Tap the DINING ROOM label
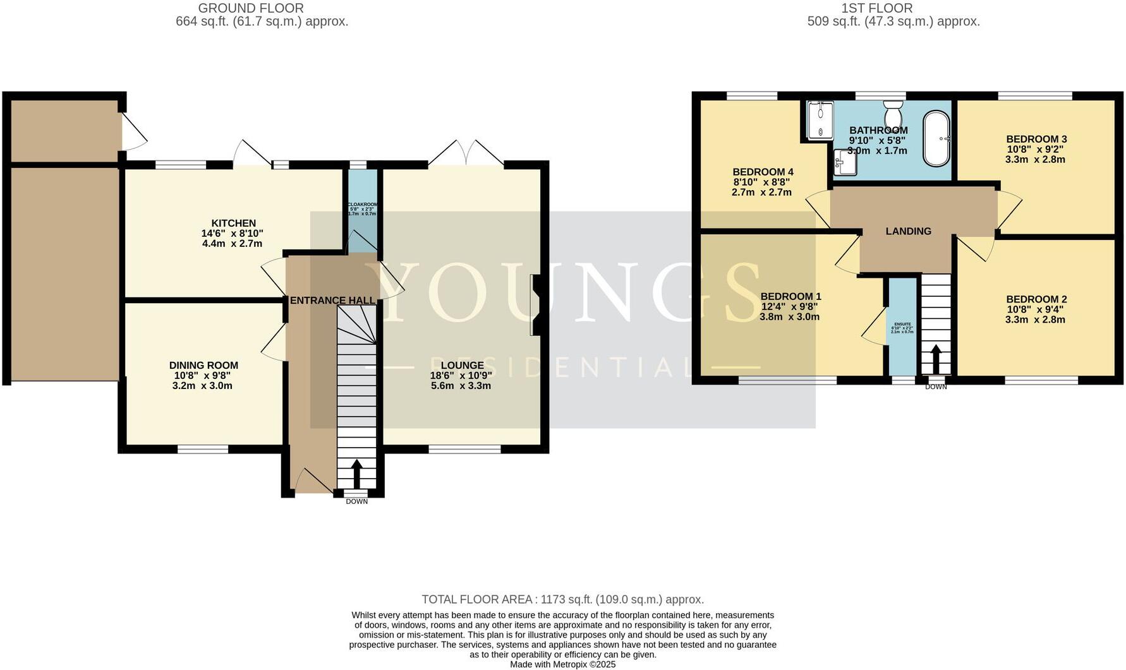tap(203, 365)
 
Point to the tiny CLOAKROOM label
tap(363, 205)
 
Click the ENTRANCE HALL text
tap(332, 301)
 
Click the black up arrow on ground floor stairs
tap(356, 474)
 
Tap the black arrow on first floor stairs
tap(936, 359)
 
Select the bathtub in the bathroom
tap(936, 138)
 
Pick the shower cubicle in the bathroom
tap(818, 120)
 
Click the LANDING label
tap(908, 231)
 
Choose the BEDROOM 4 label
tap(763, 172)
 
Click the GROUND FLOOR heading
tap(251, 8)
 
